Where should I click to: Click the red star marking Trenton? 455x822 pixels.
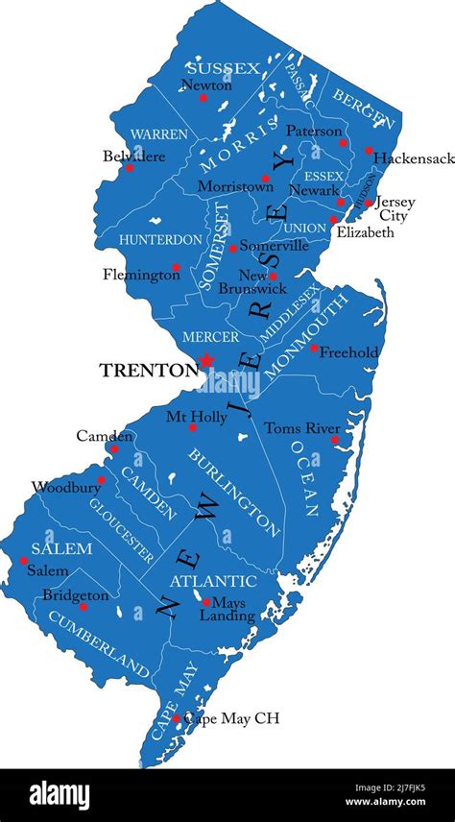[x=205, y=361]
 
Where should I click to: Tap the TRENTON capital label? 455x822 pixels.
[x=148, y=369]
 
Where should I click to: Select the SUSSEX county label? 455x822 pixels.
[x=223, y=68]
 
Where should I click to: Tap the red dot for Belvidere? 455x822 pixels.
[x=130, y=168]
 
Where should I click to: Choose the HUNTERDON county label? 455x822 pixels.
[x=160, y=239]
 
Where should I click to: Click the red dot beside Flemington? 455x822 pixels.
[x=176, y=267]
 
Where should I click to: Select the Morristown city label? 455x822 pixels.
[x=235, y=186]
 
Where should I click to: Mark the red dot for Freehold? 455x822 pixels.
[x=314, y=348]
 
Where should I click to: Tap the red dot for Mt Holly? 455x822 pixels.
[x=192, y=427]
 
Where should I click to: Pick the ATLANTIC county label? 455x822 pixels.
[x=213, y=581]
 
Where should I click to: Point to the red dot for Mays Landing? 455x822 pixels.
[x=205, y=602]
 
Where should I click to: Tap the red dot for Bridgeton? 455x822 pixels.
[x=84, y=607]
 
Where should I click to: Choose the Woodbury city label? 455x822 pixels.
[x=65, y=487]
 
